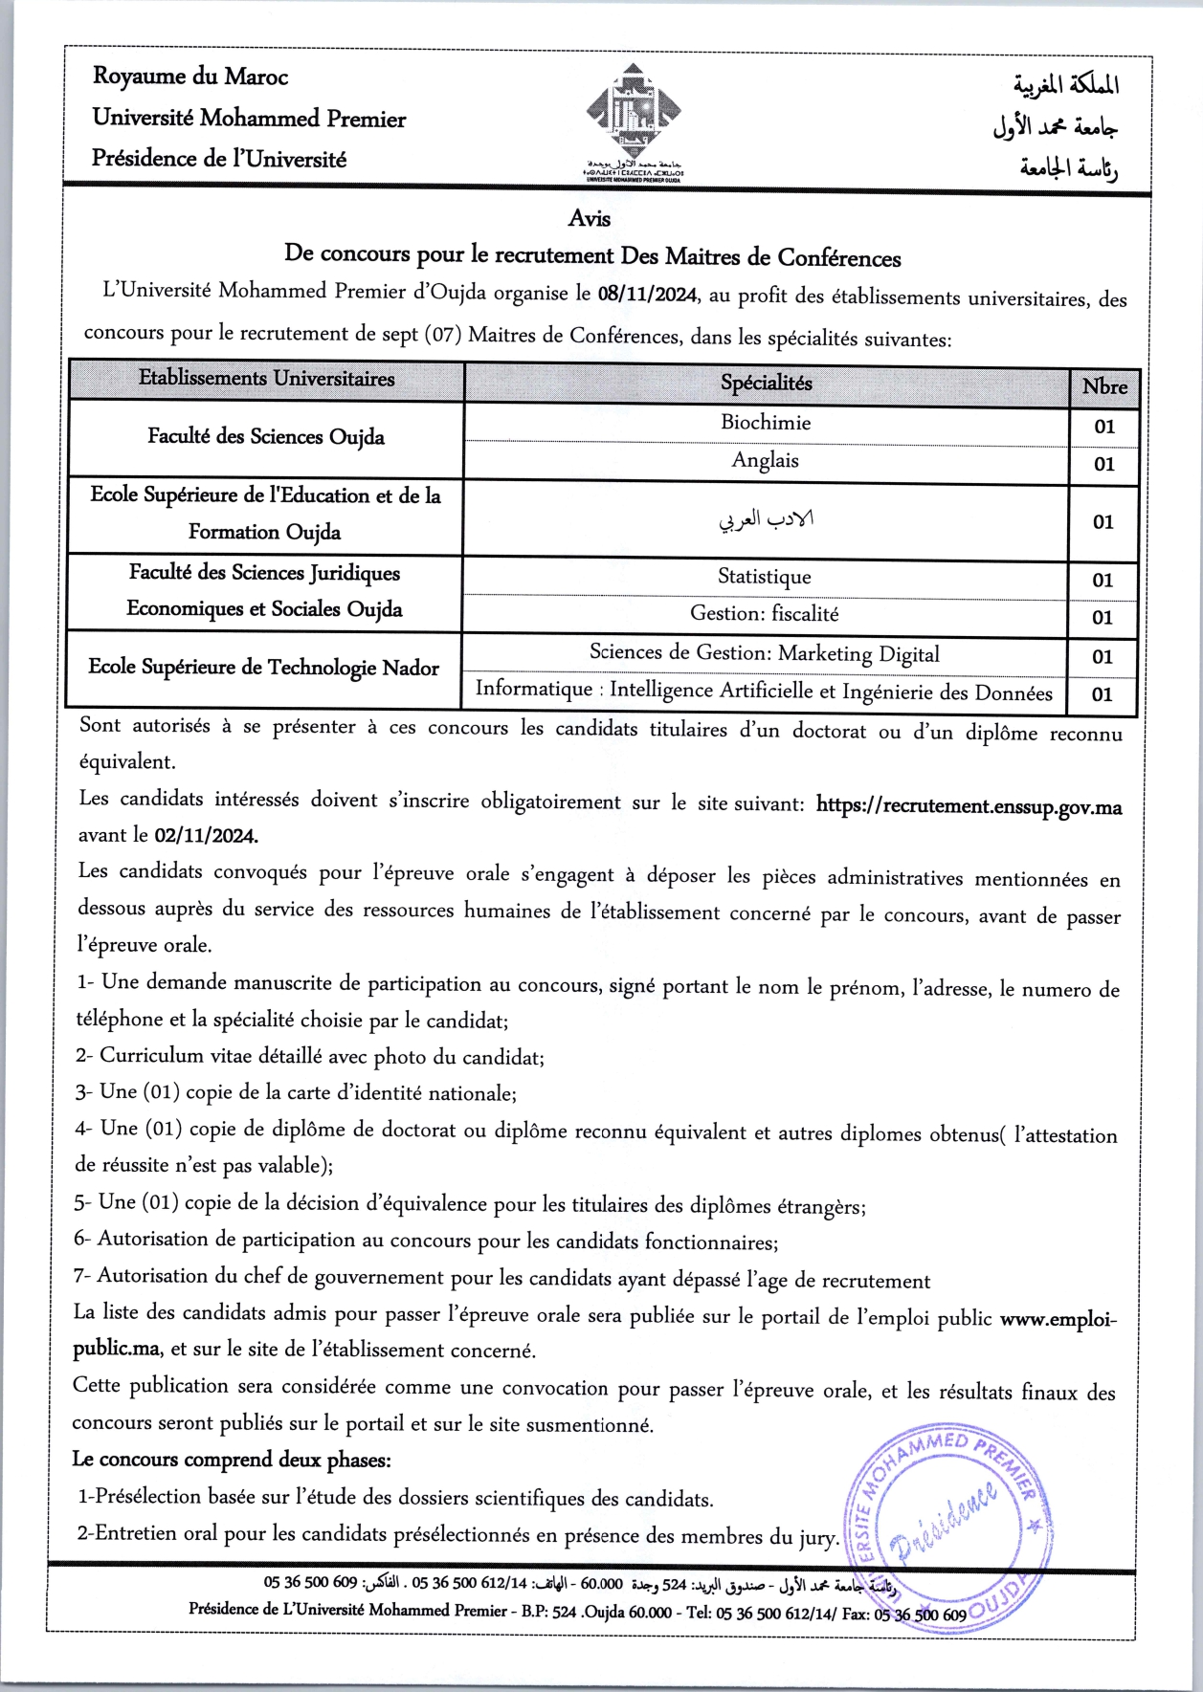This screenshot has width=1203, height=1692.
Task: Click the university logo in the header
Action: [x=634, y=119]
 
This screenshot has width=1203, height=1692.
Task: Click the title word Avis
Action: [x=589, y=219]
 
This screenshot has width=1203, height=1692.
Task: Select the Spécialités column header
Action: [x=766, y=383]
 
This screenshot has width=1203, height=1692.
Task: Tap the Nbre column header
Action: [x=1104, y=387]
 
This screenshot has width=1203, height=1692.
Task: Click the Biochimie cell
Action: [x=766, y=423]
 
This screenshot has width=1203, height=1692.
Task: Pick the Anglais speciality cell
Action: [x=766, y=461]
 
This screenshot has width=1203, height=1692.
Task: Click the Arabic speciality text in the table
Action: [x=766, y=519]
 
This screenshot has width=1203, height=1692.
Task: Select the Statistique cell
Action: [x=765, y=577]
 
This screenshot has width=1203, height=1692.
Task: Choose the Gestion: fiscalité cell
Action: [x=765, y=614]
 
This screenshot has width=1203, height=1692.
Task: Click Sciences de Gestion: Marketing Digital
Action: [x=765, y=653]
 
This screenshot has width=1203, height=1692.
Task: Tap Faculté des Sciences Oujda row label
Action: [x=266, y=437]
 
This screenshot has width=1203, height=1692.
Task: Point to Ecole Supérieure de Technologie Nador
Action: [x=264, y=668]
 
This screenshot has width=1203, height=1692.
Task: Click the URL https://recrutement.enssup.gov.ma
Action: [x=969, y=805]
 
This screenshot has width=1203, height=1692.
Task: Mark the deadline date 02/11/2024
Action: [x=206, y=835]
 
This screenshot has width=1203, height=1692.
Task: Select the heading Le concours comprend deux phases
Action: [x=232, y=1460]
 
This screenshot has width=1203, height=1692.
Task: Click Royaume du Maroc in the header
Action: [x=190, y=77]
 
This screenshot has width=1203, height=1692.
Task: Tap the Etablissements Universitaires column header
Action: [x=266, y=379]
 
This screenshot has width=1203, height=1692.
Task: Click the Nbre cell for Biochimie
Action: [x=1104, y=427]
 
